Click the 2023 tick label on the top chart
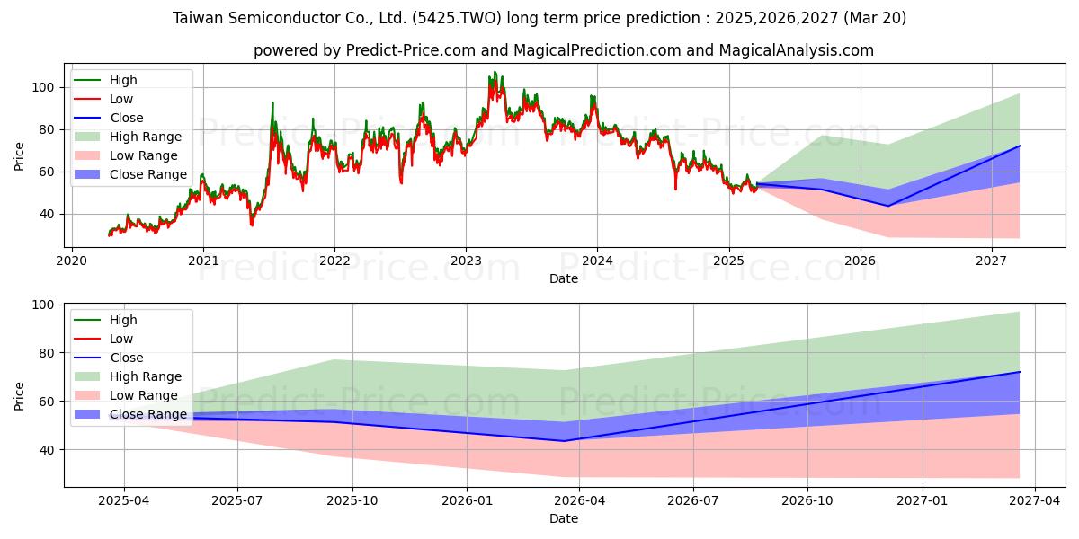[466, 261]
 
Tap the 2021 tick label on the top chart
[203, 261]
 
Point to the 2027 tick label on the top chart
[991, 261]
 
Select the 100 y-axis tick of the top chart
[42, 88]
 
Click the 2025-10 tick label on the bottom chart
[352, 501]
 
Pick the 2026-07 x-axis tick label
[693, 501]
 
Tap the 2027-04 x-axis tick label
[1035, 501]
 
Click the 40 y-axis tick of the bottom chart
[46, 450]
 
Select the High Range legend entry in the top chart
[128, 137]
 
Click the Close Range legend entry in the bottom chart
[130, 414]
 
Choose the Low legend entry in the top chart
[103, 99]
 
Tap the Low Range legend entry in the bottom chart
[126, 395]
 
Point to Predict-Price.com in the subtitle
[411, 50]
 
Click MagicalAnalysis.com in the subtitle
[797, 50]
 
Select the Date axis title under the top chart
[564, 278]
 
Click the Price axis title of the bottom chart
[19, 396]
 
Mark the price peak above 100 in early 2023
[495, 72]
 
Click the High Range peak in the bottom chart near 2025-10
[334, 359]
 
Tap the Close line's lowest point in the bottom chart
[565, 441]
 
